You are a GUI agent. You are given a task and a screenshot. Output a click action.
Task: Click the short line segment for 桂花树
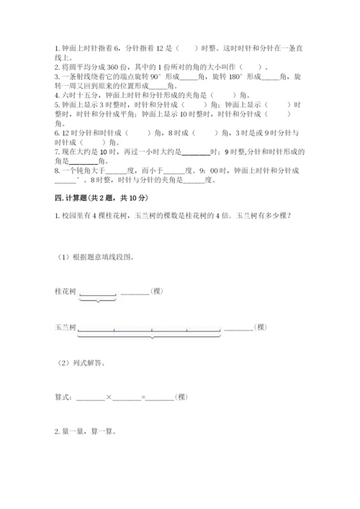[97, 293]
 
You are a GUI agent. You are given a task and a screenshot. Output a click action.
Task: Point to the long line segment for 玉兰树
[149, 330]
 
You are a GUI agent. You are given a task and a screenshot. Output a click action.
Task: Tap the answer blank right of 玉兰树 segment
[238, 329]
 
